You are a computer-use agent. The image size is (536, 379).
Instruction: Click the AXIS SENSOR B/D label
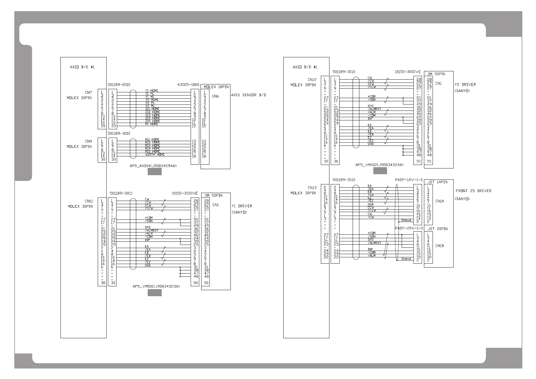249,95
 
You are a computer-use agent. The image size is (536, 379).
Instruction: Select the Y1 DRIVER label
242,206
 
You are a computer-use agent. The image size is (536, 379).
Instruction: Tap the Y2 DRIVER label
465,85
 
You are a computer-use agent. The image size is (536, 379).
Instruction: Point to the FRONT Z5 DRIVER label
473,191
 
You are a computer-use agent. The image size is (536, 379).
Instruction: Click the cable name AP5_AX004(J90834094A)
153,166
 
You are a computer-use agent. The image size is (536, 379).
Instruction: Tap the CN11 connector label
89,201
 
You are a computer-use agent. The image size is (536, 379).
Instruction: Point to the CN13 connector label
312,188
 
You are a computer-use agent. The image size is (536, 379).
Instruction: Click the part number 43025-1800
188,85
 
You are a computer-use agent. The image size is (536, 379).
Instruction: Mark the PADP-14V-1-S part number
409,180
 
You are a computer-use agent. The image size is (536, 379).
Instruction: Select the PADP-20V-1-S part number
409,228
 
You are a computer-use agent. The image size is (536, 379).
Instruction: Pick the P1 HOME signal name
152,124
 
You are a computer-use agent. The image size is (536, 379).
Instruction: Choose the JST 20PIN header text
437,229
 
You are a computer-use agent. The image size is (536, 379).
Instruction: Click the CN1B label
440,246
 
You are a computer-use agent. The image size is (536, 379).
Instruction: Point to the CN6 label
215,96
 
